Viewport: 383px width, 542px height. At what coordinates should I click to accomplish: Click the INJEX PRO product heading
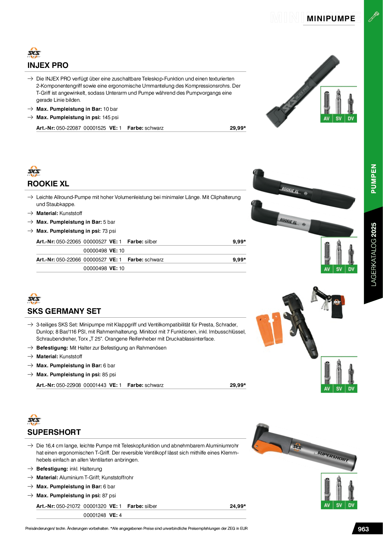point(48,65)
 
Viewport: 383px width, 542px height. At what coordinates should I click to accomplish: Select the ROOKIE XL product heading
point(48,184)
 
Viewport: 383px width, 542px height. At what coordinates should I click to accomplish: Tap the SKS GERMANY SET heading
point(64,311)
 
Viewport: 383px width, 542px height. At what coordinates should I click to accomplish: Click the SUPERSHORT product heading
point(54,432)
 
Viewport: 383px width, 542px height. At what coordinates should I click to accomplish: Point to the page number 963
point(363,529)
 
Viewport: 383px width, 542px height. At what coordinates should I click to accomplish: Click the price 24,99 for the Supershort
point(237,506)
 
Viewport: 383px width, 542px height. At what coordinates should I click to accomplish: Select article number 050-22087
point(68,128)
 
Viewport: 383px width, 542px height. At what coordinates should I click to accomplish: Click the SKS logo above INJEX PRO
point(34,53)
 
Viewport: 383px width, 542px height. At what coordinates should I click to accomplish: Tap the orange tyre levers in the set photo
point(269,328)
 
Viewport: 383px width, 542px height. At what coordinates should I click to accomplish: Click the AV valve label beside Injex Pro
point(326,118)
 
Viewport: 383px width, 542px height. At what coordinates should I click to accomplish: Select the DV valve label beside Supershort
point(351,505)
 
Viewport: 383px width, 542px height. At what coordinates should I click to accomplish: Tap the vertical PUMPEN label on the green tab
point(373,179)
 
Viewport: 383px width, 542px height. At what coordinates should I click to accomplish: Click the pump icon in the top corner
point(373,16)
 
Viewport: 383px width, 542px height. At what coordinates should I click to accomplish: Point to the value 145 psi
point(110,117)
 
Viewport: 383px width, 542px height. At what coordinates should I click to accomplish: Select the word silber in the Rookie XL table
point(151,242)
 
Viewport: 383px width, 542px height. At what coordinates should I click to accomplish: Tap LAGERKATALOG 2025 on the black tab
point(373,254)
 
